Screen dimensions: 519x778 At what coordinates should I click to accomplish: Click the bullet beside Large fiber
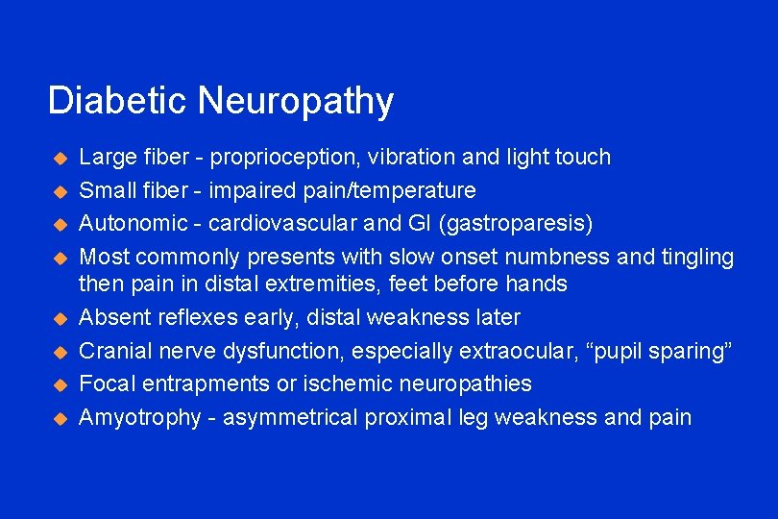pos(58,158)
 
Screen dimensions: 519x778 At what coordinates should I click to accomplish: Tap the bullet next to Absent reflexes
pos(58,318)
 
